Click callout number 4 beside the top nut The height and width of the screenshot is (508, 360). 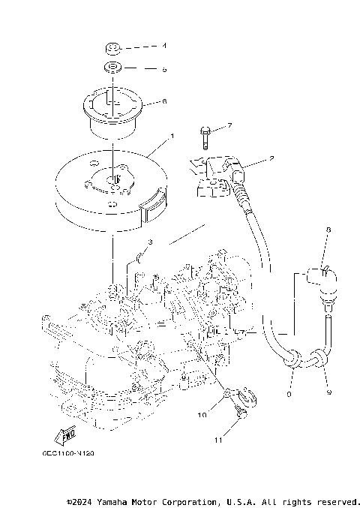[x=164, y=47]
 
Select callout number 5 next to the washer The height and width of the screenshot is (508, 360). [x=164, y=70]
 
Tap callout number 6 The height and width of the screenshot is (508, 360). [x=164, y=101]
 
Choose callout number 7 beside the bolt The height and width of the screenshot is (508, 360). [x=208, y=125]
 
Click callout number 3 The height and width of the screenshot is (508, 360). [x=150, y=242]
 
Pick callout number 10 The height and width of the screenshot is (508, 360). [x=202, y=413]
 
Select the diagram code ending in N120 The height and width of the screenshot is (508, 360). [x=68, y=452]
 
